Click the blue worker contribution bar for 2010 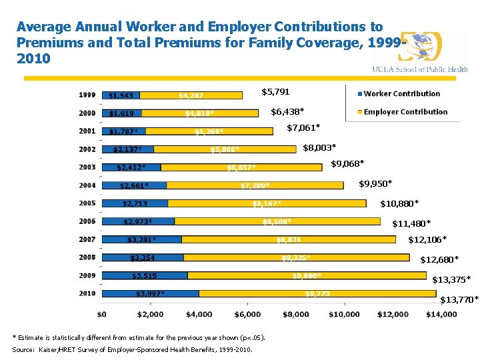[150, 293]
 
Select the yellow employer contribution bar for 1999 [191, 95]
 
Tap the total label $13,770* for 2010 [459, 300]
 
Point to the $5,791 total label [275, 91]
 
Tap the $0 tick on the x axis [102, 313]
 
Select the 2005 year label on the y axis [87, 203]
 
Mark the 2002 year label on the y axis [87, 149]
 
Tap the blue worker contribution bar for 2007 [141, 239]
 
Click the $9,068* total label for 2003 [347, 164]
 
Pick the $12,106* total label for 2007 [427, 239]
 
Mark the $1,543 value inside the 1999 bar [121, 95]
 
